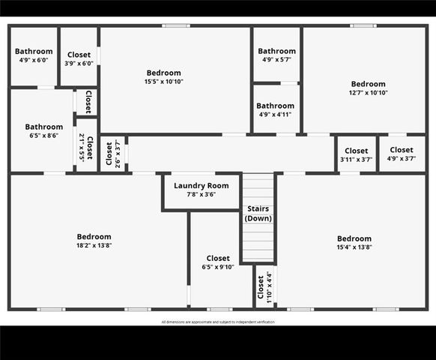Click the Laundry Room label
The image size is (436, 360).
(201, 185)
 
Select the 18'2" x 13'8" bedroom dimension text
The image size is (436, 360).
(94, 245)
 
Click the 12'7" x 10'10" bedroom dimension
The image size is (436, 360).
(369, 93)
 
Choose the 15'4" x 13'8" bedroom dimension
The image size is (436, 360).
(354, 247)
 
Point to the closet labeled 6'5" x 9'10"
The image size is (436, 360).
(218, 262)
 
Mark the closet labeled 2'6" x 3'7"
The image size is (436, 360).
(113, 153)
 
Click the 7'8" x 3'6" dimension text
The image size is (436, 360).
(201, 195)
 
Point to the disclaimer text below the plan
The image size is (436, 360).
(218, 322)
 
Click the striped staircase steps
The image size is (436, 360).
(258, 240)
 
